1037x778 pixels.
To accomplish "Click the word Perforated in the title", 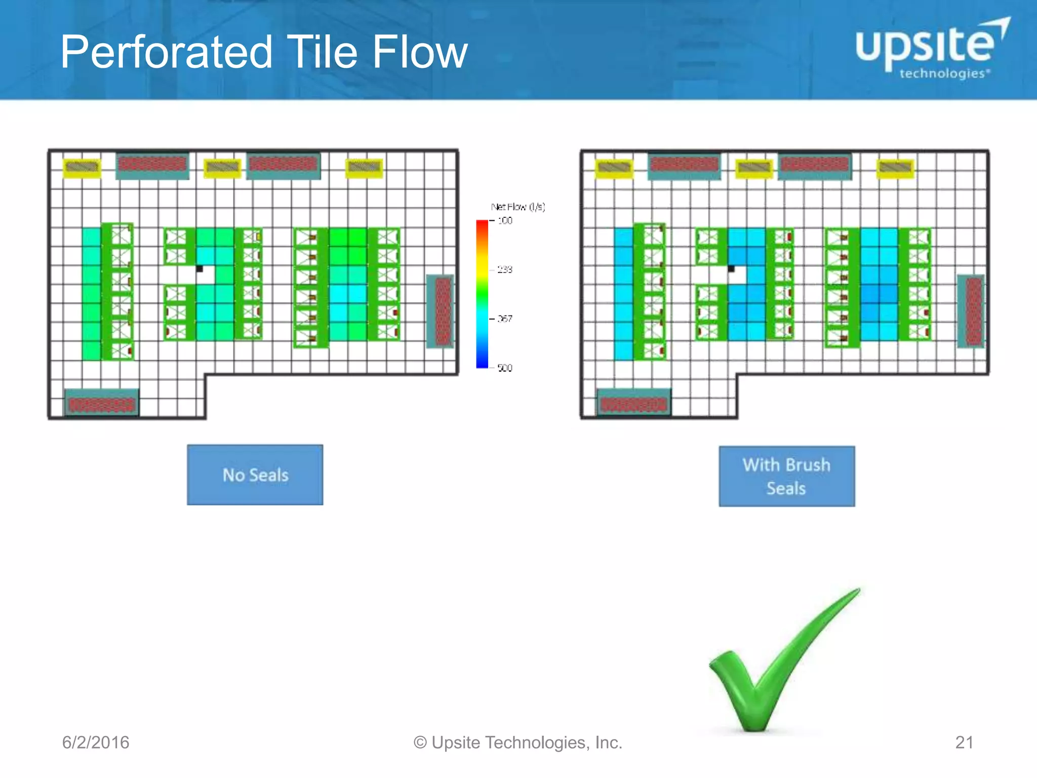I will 167,52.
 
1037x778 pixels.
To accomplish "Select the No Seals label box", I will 255,475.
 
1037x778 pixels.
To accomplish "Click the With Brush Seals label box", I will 786,476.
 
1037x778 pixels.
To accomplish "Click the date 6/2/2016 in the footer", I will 96,743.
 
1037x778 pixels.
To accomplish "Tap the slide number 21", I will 964,743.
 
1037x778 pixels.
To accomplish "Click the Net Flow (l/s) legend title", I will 517,207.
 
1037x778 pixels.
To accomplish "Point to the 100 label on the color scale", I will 505,221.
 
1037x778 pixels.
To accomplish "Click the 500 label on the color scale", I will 504,368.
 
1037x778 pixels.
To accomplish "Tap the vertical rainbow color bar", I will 482,294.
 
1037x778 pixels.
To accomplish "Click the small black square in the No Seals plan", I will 200,268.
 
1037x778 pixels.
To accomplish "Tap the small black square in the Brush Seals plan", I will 731,268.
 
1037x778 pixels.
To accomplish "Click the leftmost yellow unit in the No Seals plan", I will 82,167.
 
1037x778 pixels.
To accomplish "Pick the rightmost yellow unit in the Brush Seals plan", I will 895,168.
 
